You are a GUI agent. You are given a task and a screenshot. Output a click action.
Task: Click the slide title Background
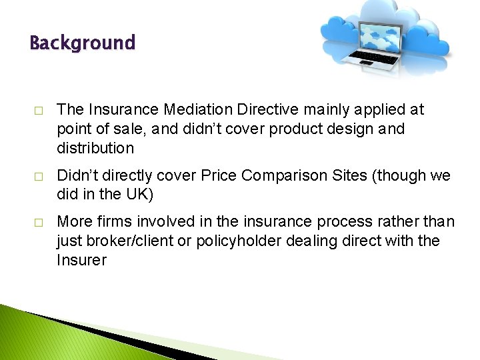(x=82, y=43)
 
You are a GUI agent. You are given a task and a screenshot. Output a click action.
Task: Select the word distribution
(x=95, y=148)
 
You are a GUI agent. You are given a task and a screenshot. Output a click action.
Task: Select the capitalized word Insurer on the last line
(x=81, y=260)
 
